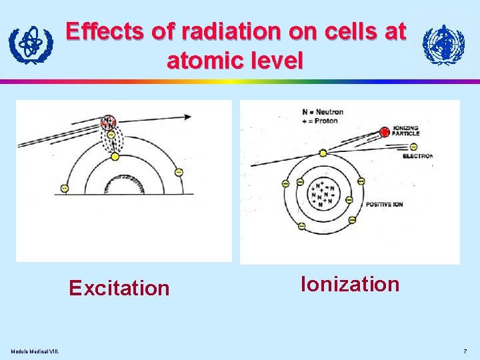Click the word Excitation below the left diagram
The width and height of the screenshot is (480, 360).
click(119, 288)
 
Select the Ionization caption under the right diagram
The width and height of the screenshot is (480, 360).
click(350, 284)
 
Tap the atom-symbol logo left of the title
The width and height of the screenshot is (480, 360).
click(30, 45)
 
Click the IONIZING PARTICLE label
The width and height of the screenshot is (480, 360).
click(406, 131)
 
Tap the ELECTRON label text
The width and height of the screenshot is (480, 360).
click(417, 156)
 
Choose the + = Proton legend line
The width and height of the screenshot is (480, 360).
click(321, 121)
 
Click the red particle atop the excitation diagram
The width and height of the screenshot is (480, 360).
click(107, 123)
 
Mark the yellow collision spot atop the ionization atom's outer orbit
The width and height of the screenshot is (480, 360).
click(323, 153)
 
